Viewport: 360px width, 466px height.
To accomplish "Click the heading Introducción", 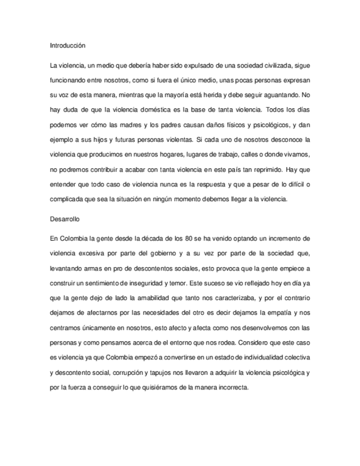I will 67,46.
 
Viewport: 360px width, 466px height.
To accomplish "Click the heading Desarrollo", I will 65,219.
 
